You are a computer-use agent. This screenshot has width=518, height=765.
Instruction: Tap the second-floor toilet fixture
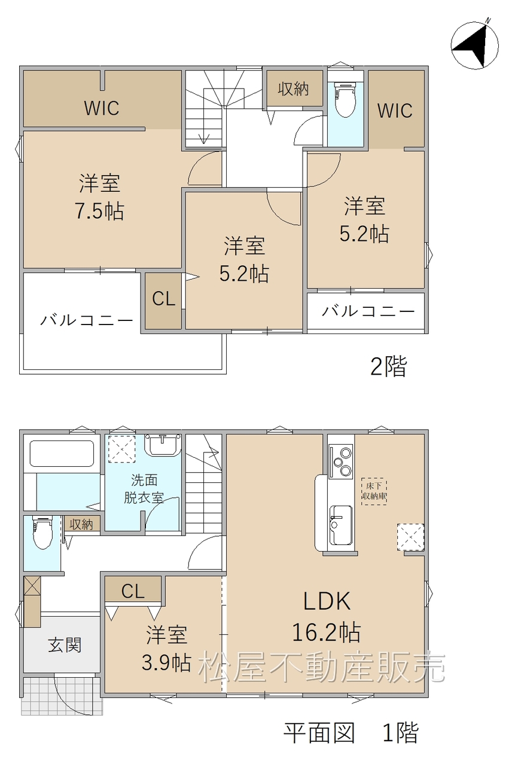coord(346,100)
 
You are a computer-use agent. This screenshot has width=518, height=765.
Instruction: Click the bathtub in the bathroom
coord(62,454)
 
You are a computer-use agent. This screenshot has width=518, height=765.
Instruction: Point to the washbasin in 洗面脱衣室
coord(163,445)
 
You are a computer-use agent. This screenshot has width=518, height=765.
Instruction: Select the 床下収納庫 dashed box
coord(374,491)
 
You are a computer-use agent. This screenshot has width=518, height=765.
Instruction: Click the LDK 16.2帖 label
coord(327,616)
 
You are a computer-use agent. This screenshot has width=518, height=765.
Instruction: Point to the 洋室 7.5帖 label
coord(100,197)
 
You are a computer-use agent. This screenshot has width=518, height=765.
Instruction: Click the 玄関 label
coord(65,645)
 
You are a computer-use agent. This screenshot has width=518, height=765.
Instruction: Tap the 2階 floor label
coord(389,366)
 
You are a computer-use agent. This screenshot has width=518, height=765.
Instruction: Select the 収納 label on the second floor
coord(293,89)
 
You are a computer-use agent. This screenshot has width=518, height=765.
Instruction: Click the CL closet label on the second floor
coord(164,299)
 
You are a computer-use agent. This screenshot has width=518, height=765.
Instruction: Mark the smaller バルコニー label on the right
coord(368,311)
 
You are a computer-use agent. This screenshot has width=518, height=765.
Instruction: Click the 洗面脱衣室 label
coord(144,489)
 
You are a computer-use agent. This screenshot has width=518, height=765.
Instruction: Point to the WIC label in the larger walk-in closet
coord(102,108)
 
